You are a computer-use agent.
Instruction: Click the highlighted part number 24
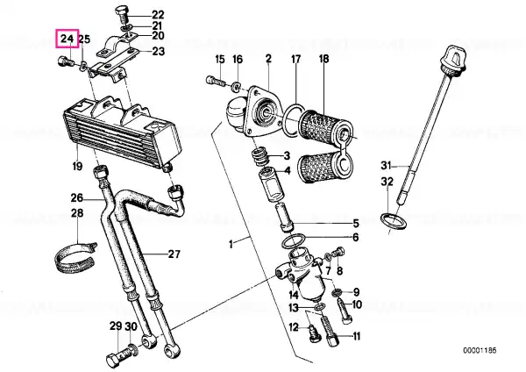pyautogui.click(x=67, y=39)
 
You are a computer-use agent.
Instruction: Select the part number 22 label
pyautogui.click(x=158, y=15)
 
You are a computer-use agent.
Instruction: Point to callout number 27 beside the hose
pyautogui.click(x=173, y=255)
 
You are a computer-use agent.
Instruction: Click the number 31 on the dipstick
pyautogui.click(x=387, y=165)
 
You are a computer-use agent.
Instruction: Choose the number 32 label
pyautogui.click(x=387, y=182)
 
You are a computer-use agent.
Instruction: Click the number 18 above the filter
pyautogui.click(x=323, y=59)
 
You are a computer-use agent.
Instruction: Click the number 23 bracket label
pyautogui.click(x=158, y=52)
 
